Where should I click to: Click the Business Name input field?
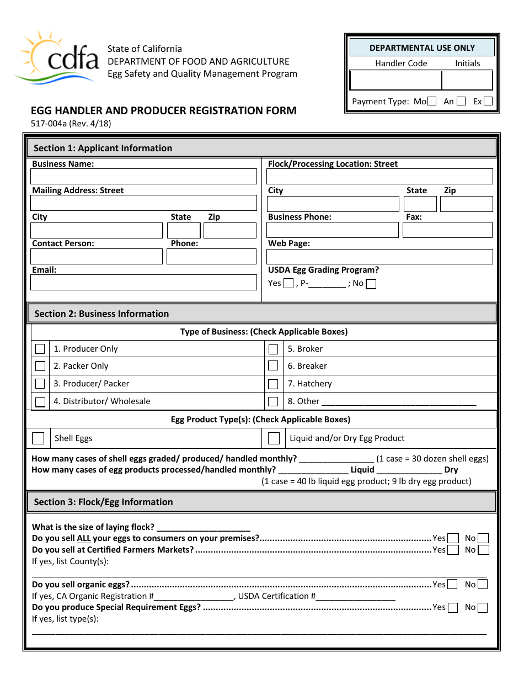[x=143, y=177]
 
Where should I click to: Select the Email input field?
[x=143, y=283]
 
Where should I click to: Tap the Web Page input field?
[x=379, y=257]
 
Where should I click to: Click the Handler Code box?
[x=395, y=81]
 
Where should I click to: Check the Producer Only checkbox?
[x=40, y=349]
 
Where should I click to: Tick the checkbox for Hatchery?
[x=273, y=384]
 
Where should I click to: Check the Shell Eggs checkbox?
[x=38, y=438]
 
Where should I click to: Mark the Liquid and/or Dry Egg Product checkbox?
[x=274, y=438]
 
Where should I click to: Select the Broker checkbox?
[x=273, y=349]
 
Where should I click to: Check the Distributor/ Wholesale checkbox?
[x=40, y=402]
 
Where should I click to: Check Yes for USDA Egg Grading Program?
[x=288, y=284]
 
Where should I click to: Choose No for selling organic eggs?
[x=483, y=585]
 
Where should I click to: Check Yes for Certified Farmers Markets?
[x=453, y=550]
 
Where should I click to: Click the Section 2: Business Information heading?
[x=101, y=314]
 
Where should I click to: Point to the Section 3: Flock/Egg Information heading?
[x=103, y=502]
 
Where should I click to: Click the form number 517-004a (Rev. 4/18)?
[x=71, y=124]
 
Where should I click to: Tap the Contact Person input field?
[x=97, y=257]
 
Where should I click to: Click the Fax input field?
[x=447, y=230]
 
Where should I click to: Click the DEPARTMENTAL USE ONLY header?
[x=422, y=48]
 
